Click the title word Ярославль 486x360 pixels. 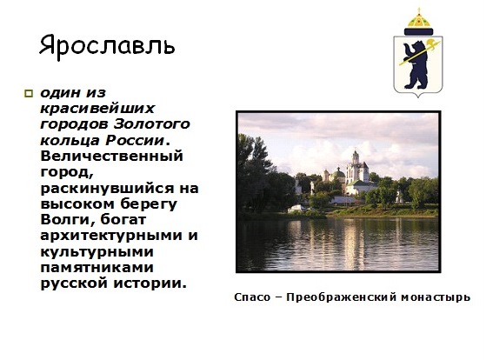(107, 46)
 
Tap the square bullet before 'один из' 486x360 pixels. (29, 94)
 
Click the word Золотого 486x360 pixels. (152, 124)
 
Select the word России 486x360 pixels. (135, 140)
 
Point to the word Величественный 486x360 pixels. (111, 156)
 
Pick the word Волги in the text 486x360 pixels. (67, 220)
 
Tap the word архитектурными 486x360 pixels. (112, 237)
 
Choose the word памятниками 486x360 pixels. (97, 268)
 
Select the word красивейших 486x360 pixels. (97, 109)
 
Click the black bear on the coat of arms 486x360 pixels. (415, 64)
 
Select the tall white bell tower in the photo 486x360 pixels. (356, 169)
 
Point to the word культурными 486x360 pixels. (97, 252)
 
